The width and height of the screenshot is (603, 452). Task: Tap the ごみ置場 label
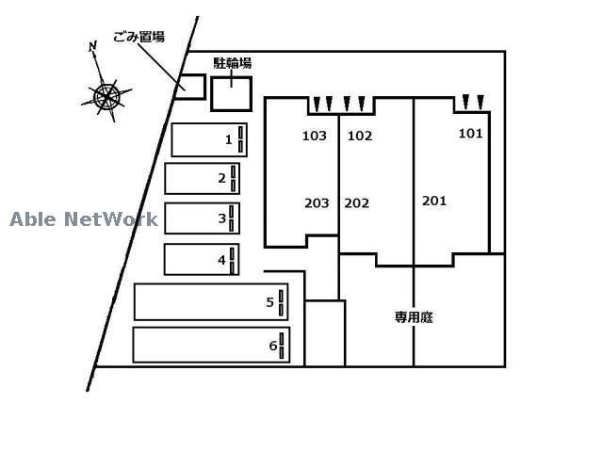point(139,37)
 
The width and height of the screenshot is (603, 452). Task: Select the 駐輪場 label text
point(232,63)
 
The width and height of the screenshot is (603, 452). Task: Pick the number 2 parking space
point(202,178)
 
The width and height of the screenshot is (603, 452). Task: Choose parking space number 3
point(202,218)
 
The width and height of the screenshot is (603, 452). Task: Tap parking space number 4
point(202,259)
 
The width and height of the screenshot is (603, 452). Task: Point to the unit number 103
point(315,136)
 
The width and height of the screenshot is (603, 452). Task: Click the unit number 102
point(360,136)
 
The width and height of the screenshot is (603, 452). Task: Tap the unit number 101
point(470,134)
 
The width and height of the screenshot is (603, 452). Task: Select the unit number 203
point(317,202)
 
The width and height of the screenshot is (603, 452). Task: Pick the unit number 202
point(357,202)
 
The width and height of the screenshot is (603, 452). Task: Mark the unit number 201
point(434,201)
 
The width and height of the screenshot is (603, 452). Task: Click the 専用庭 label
point(414,317)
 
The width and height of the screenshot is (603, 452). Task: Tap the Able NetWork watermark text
point(84,219)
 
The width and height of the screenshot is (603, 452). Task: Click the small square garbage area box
point(192,86)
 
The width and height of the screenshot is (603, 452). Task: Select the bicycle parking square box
point(232,93)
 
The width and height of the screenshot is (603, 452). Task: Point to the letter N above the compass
point(92,46)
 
